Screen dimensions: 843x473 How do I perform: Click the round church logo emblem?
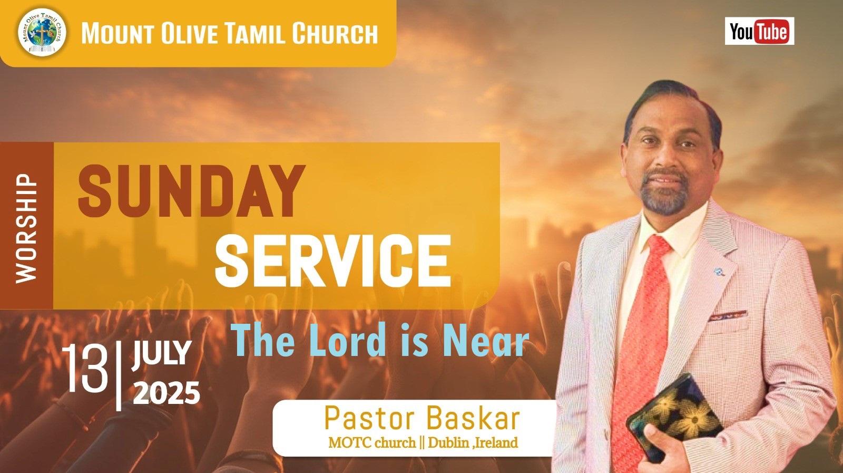tap(42, 32)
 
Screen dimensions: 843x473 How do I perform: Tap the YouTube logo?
tap(759, 31)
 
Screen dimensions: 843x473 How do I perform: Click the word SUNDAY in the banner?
tap(191, 191)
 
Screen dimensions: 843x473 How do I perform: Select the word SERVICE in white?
tap(332, 260)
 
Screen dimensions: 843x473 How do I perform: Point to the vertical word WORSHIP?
tap(26, 228)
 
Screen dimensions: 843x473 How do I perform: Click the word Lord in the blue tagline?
tap(348, 340)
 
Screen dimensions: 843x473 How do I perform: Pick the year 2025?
tap(166, 392)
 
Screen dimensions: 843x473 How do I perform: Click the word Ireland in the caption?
tap(497, 443)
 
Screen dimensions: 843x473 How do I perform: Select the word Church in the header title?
tap(335, 33)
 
